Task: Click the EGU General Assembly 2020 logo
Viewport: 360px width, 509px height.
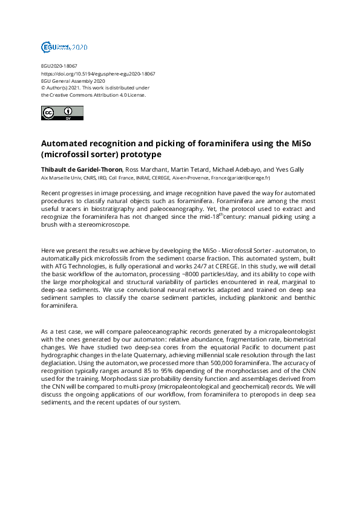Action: coord(64,47)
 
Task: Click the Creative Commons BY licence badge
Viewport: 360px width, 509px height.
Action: coord(58,113)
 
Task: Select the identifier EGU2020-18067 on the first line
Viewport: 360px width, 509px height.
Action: coord(59,66)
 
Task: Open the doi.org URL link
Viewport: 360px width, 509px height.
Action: coord(98,73)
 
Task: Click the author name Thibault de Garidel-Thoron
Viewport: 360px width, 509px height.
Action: coord(80,169)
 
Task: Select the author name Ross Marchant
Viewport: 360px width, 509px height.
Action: coord(144,169)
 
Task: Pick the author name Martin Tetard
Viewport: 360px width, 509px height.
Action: coord(187,169)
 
